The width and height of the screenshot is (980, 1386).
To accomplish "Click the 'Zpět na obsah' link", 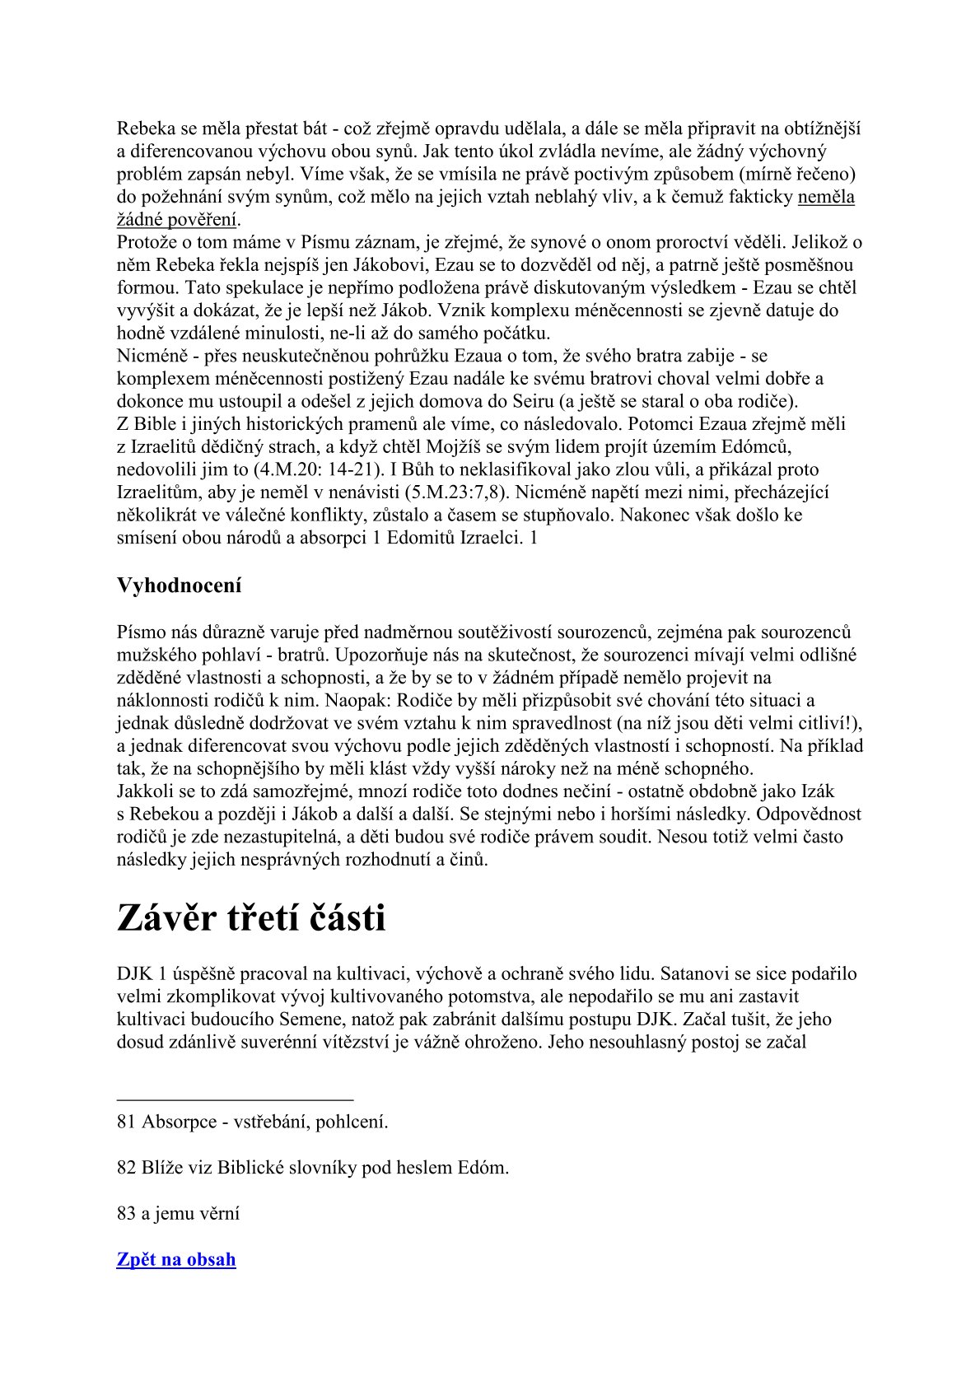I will tap(176, 1259).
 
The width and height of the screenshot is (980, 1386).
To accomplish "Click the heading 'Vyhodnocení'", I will tap(179, 586).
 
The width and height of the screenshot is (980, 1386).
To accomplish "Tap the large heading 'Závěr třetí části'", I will tap(251, 917).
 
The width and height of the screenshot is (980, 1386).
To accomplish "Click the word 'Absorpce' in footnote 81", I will tap(179, 1122).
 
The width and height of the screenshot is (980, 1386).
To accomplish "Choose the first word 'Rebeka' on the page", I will tap(146, 128).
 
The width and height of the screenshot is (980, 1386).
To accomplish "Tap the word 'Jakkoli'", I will tap(144, 791).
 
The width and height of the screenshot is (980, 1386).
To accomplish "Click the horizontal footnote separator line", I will tap(235, 1099).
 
